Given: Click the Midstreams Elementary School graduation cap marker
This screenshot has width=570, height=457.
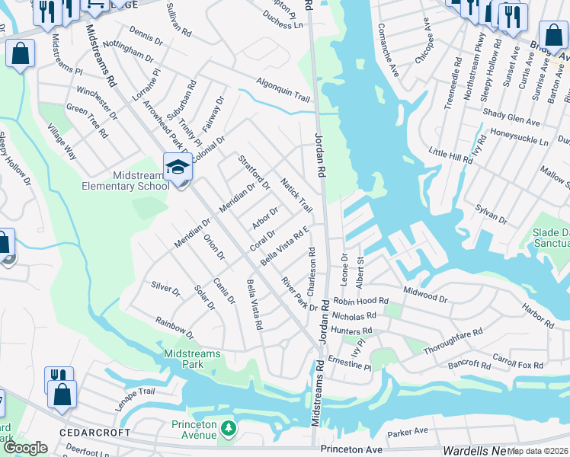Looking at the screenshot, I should pos(177,165).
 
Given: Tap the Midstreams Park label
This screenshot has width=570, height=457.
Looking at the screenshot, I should pos(193,359).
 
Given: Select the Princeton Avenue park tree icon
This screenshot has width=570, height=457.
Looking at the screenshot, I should pos(228,431).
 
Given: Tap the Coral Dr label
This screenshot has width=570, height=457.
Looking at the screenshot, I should pos(262,242).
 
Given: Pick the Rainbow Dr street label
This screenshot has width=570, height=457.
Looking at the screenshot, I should pos(175,328).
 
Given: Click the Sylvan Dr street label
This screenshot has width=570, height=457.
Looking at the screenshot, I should pos(492,213).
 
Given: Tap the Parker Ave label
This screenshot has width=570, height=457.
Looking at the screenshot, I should pos(407,433).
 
